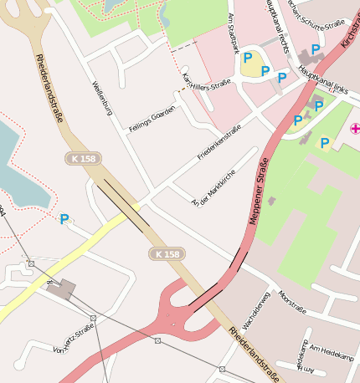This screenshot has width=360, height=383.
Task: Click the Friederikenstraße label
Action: click(219, 143)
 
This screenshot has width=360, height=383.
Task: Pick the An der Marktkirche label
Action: click(214, 188)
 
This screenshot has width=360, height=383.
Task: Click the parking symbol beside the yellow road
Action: click(64, 219)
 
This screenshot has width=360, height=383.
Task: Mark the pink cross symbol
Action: click(355, 128)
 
